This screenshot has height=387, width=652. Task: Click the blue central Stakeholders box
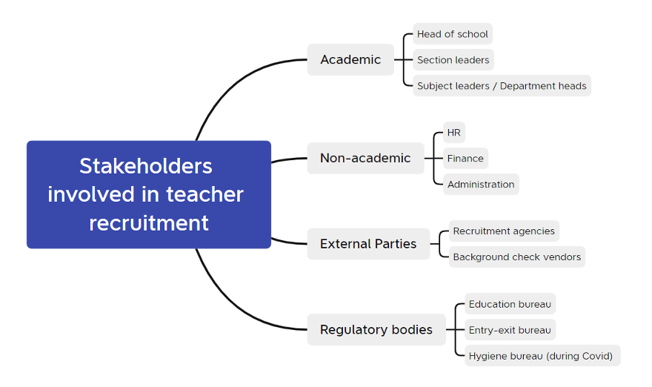pyautogui.click(x=148, y=194)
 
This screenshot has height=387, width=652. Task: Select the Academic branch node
pyautogui.click(x=350, y=59)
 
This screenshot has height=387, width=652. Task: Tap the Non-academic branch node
pyautogui.click(x=365, y=158)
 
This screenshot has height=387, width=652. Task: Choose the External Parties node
pyautogui.click(x=368, y=244)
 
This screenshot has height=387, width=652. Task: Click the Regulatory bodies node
pyautogui.click(x=376, y=330)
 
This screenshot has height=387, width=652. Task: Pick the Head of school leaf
pyautogui.click(x=452, y=34)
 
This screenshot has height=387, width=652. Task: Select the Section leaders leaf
pyautogui.click(x=453, y=60)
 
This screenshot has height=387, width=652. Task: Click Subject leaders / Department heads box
pyautogui.click(x=502, y=86)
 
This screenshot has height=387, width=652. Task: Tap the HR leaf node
pyautogui.click(x=453, y=133)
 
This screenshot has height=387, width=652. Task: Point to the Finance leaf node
pyautogui.click(x=465, y=159)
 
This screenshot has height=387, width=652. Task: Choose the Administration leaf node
pyautogui.click(x=480, y=185)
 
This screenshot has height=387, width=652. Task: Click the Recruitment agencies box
pyautogui.click(x=504, y=231)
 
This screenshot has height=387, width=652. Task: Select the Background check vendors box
pyautogui.click(x=516, y=257)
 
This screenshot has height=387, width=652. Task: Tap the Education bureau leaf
pyautogui.click(x=510, y=304)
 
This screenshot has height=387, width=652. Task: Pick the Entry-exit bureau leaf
pyautogui.click(x=510, y=330)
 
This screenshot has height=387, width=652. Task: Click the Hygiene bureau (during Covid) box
pyautogui.click(x=541, y=356)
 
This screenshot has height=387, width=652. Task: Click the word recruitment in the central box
pyautogui.click(x=148, y=222)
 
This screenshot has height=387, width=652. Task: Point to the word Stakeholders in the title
pyautogui.click(x=146, y=165)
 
